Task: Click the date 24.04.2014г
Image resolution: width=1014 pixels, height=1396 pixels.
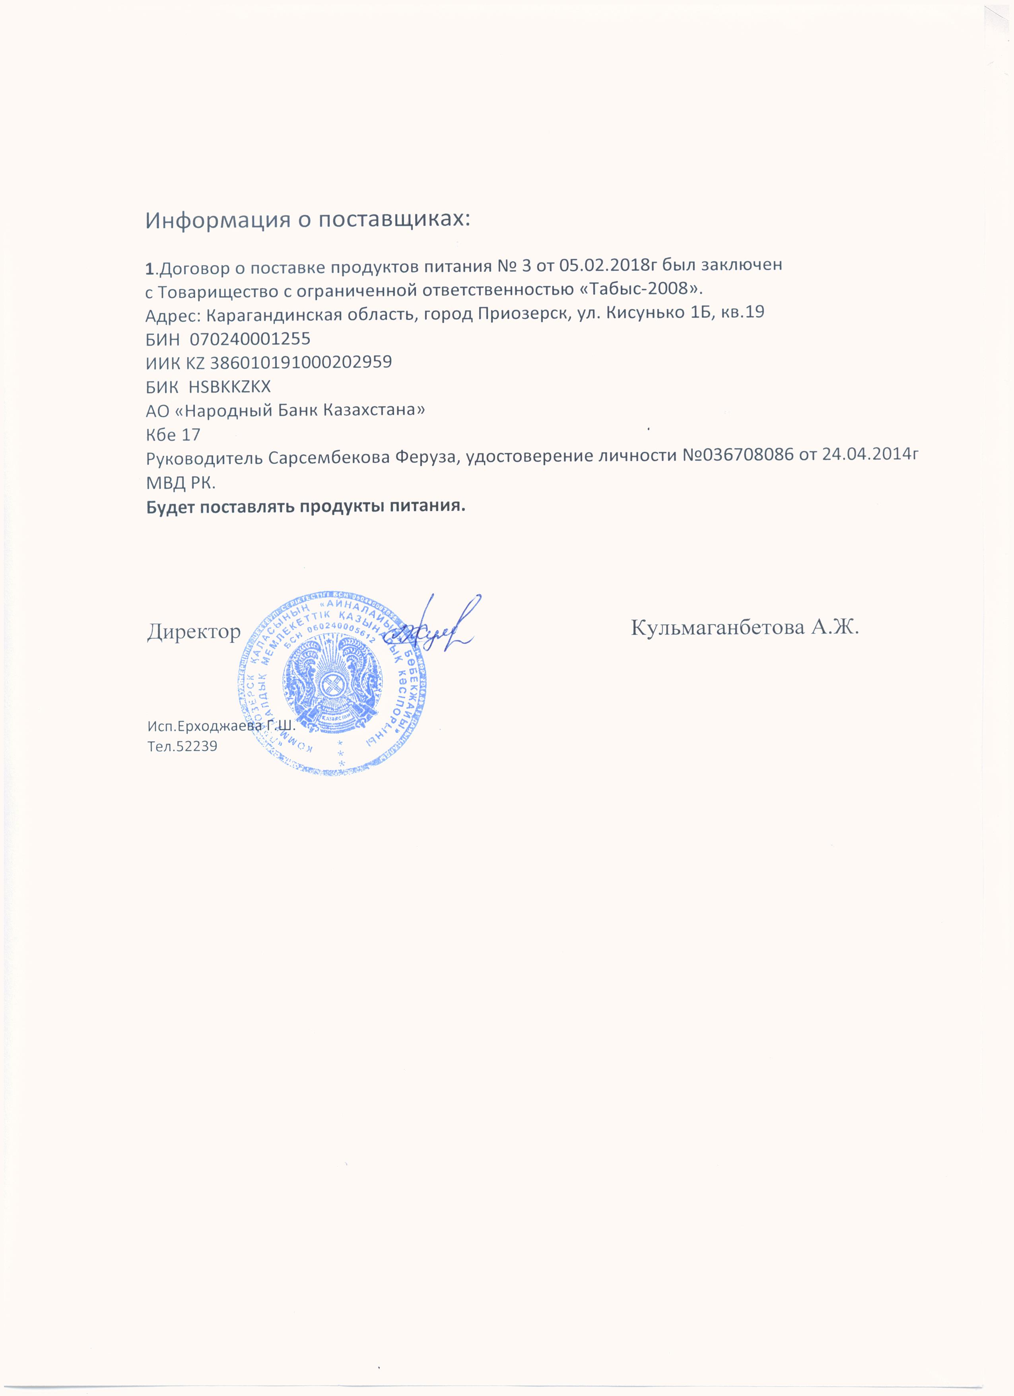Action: [x=866, y=457]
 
